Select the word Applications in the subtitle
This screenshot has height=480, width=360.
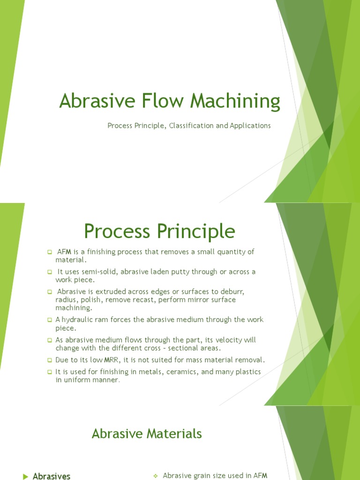[x=250, y=126]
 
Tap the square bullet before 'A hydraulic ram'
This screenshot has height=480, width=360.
[x=49, y=320]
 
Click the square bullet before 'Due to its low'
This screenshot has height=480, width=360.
[x=49, y=360]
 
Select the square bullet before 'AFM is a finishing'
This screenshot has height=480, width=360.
[x=49, y=252]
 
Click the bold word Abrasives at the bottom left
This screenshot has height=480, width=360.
[x=52, y=476]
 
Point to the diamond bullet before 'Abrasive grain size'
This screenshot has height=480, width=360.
[x=155, y=476]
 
